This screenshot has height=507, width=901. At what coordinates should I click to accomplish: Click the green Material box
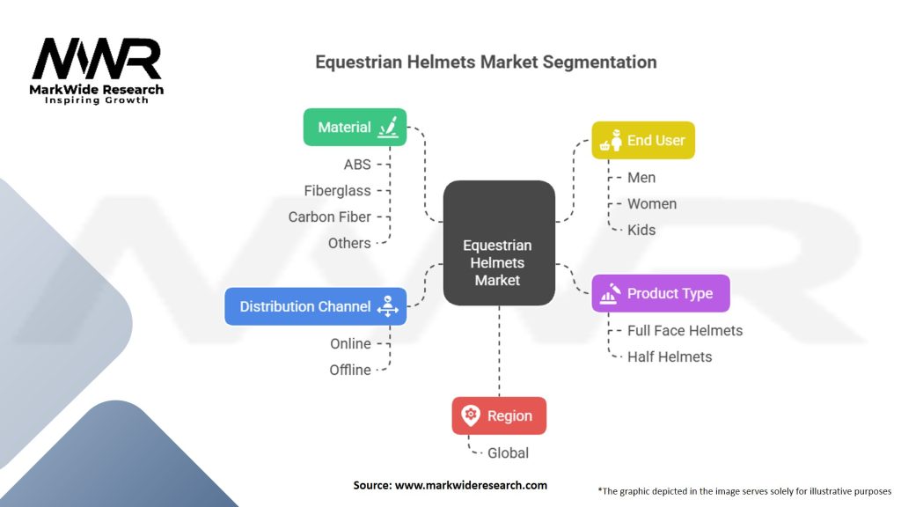pos(355,127)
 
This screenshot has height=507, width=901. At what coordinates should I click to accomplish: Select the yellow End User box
pos(642,140)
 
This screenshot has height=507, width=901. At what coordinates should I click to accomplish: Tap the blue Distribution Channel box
pos(315,306)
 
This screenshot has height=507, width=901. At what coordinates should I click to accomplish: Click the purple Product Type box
pos(660,293)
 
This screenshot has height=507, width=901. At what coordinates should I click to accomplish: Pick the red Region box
pos(499,415)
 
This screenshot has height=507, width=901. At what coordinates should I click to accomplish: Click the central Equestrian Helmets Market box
pos(498,262)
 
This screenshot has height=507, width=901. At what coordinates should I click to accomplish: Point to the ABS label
pos(357,165)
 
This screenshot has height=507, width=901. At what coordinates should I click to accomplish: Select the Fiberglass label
pos(337,190)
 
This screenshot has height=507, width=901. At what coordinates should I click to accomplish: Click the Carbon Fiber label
pos(329,217)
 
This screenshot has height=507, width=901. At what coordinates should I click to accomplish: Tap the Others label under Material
pos(349,243)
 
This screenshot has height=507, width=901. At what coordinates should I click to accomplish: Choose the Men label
pos(641,178)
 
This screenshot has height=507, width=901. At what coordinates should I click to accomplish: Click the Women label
pos(651,204)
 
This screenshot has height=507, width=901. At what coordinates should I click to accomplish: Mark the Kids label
pos(641,230)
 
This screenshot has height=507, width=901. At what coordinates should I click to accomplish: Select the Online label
pos(350,344)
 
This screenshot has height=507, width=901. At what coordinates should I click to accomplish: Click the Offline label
pos(350,370)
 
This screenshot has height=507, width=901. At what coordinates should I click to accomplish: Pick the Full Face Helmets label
pos(685,331)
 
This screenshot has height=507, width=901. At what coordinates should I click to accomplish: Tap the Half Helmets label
pos(670,356)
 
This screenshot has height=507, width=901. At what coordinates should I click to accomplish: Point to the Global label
pos(508,453)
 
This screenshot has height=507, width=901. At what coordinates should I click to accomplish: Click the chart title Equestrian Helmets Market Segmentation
pos(486,62)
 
